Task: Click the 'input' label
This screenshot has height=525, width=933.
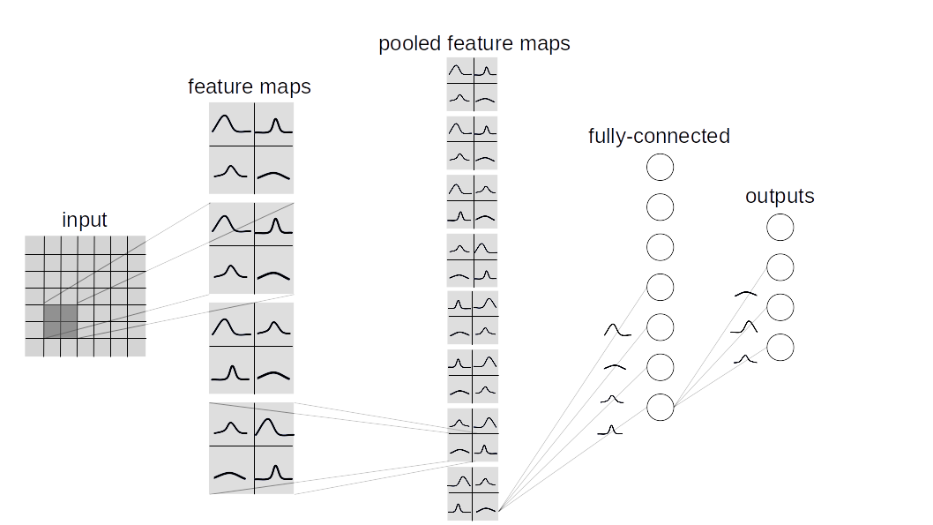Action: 85,221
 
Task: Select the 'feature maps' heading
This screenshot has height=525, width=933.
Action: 250,87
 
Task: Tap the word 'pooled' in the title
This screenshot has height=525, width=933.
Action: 410,43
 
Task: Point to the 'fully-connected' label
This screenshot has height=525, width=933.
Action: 659,136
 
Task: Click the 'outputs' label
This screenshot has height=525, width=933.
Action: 780,196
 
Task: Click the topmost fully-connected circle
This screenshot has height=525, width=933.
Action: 661,167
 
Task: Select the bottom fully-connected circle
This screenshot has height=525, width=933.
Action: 661,407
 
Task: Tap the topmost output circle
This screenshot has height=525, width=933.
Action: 780,228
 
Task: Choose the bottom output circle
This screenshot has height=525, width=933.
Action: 780,347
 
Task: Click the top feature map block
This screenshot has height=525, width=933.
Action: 251,148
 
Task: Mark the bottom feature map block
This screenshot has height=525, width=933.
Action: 251,448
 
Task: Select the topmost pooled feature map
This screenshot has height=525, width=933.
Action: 473,84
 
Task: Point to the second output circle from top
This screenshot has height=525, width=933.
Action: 780,267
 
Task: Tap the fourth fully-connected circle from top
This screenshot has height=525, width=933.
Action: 661,287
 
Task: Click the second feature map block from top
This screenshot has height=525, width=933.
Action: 251,248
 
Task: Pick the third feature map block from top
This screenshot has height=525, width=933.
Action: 251,348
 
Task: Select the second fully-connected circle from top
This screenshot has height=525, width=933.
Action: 661,206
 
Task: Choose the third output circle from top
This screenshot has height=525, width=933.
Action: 780,307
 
